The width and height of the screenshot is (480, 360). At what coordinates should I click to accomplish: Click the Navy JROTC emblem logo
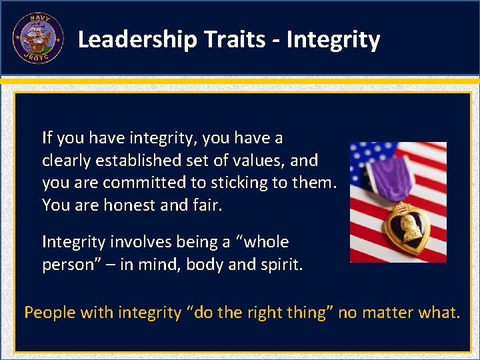click(x=37, y=39)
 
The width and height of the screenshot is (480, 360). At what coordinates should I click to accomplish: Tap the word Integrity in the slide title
click(x=333, y=40)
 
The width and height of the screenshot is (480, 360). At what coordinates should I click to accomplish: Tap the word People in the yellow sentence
click(x=49, y=312)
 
